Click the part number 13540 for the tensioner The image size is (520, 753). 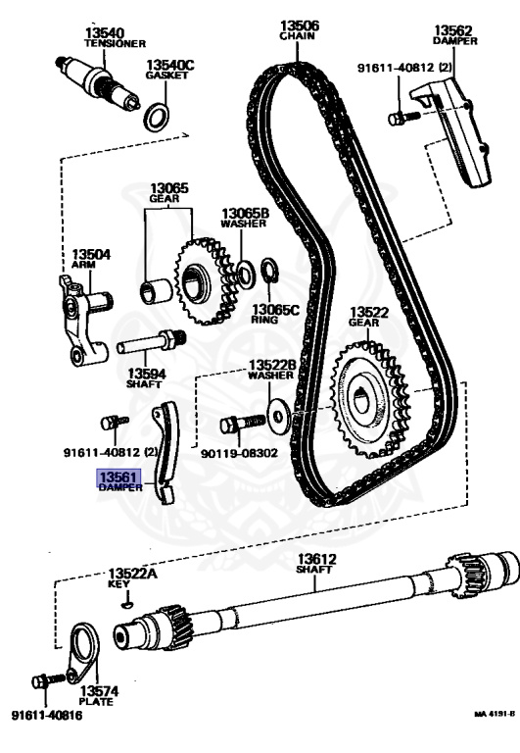pos(105,33)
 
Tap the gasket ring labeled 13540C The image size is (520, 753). pos(157,117)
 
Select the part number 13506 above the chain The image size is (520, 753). pos(300,25)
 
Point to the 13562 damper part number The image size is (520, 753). pos(453,29)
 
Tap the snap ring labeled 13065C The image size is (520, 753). pos(269,272)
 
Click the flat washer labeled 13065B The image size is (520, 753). pos(246,275)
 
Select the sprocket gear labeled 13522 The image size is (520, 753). pos(369,400)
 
